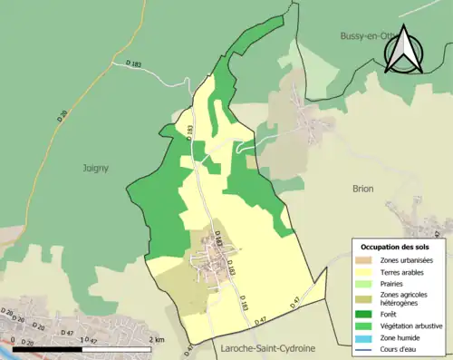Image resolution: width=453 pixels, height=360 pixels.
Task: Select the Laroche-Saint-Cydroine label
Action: tap(264, 347)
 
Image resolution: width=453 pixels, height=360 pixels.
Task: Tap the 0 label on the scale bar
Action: tap(13, 339)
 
